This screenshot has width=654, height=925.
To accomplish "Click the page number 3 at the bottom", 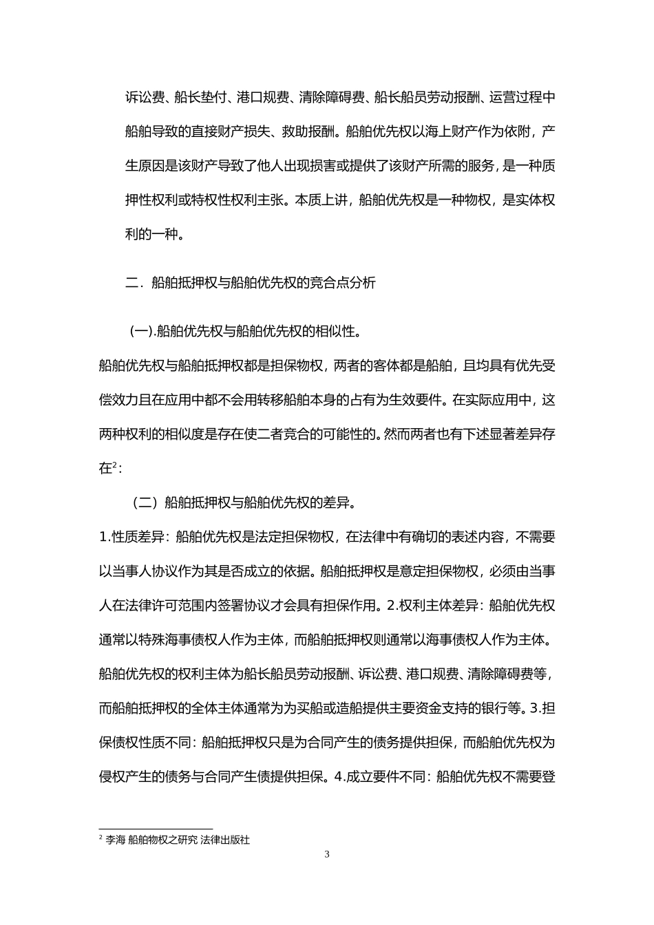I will [327, 855].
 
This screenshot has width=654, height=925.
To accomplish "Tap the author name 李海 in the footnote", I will [116, 840].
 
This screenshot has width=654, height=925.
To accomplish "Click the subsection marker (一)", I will [142, 332].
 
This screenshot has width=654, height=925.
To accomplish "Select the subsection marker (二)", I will [145, 503].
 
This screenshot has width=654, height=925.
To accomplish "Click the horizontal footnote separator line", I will [156, 829].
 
